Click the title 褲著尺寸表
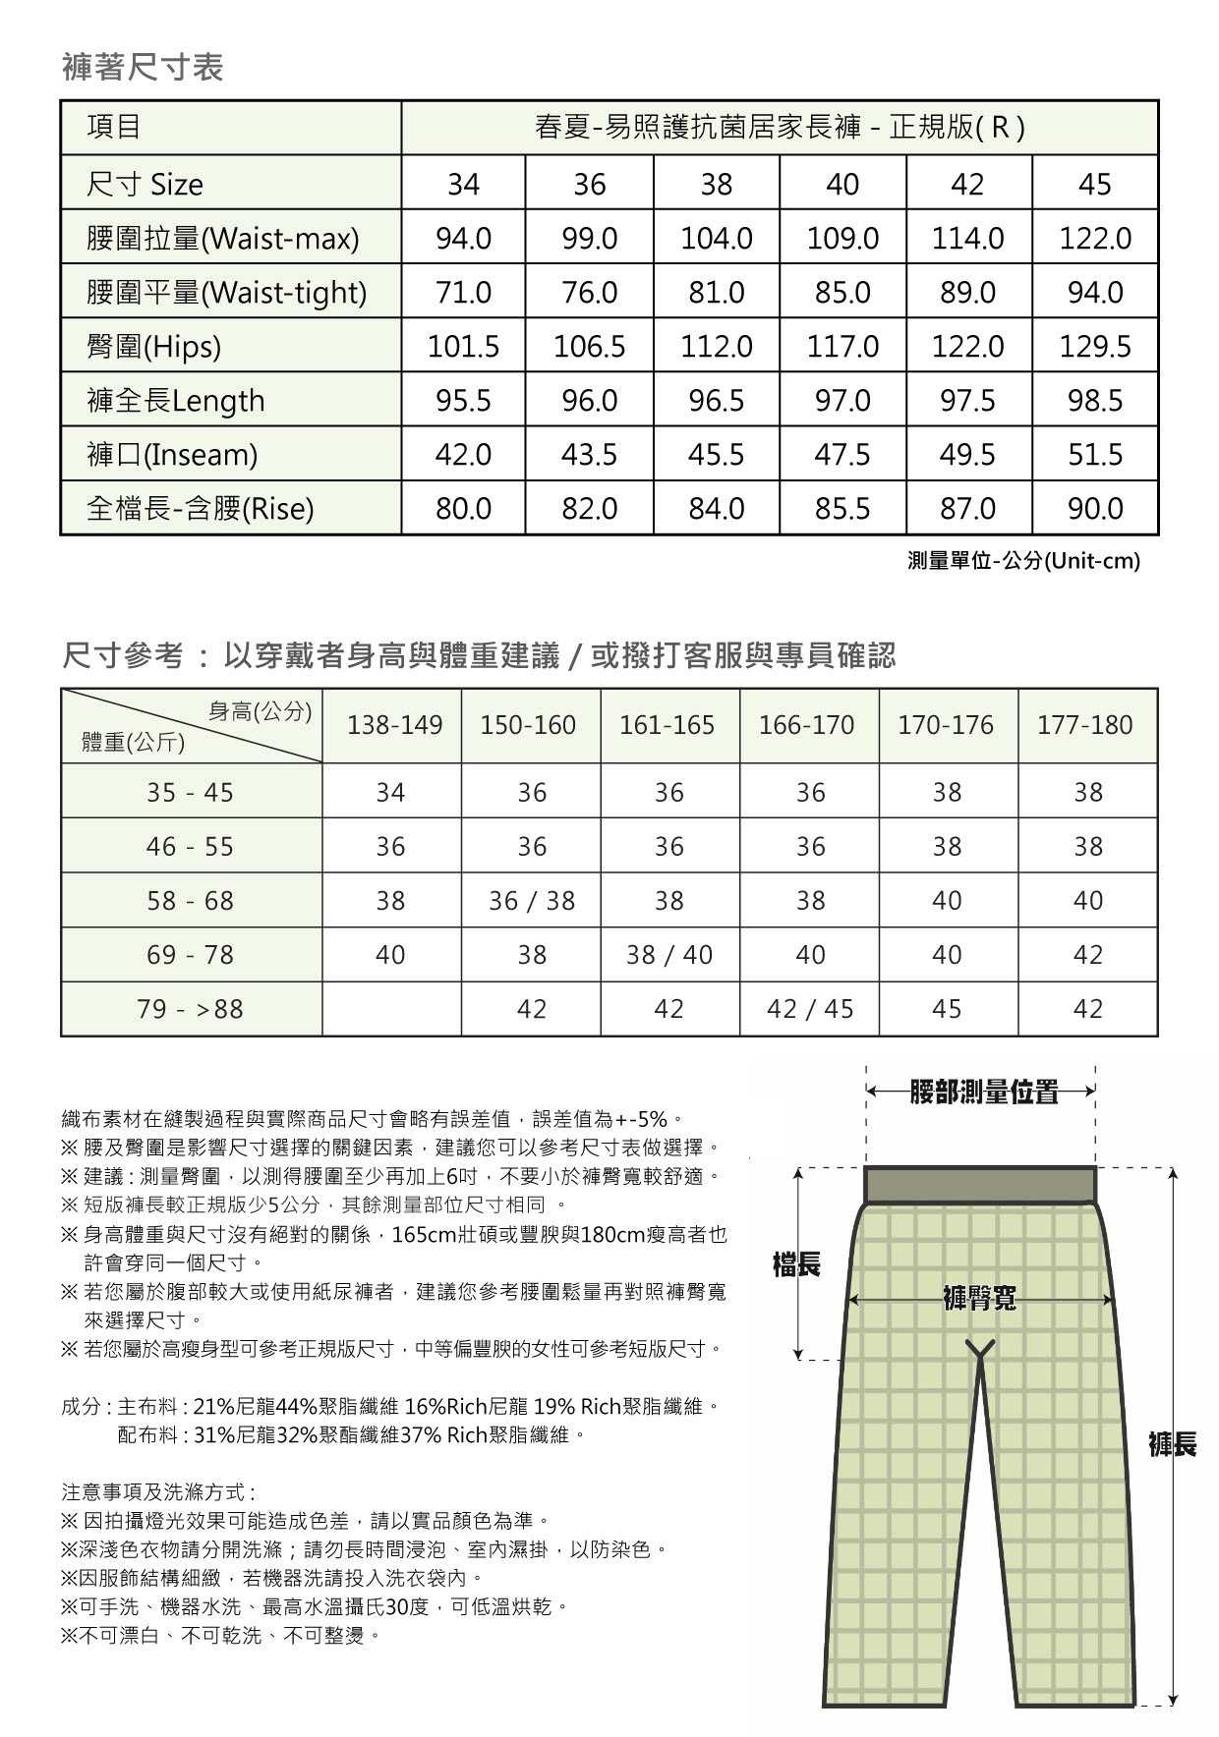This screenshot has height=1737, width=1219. (143, 67)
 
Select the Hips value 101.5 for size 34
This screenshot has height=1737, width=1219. (463, 346)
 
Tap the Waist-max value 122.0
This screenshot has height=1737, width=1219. (1095, 238)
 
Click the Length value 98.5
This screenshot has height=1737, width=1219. (1095, 400)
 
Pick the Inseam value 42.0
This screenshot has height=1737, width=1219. (463, 454)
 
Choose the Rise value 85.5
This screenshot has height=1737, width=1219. (842, 508)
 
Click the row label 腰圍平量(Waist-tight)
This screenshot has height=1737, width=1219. (227, 292)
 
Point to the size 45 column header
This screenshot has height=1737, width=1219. (1095, 184)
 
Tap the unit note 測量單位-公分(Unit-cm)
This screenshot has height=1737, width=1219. (1023, 561)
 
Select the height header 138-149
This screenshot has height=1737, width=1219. (394, 725)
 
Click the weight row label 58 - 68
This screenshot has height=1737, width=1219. (191, 900)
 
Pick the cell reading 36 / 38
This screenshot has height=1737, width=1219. (532, 900)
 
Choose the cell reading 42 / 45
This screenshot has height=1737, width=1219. (810, 1009)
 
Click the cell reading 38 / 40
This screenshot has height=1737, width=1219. (669, 954)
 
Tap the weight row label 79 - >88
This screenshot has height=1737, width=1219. (191, 1009)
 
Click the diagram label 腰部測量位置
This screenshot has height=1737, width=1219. (983, 1092)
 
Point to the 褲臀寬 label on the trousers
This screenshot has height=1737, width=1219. (979, 1298)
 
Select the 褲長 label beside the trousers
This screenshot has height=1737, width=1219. (1173, 1444)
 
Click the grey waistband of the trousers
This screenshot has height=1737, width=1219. (980, 1185)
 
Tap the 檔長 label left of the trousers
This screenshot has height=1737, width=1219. (796, 1264)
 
